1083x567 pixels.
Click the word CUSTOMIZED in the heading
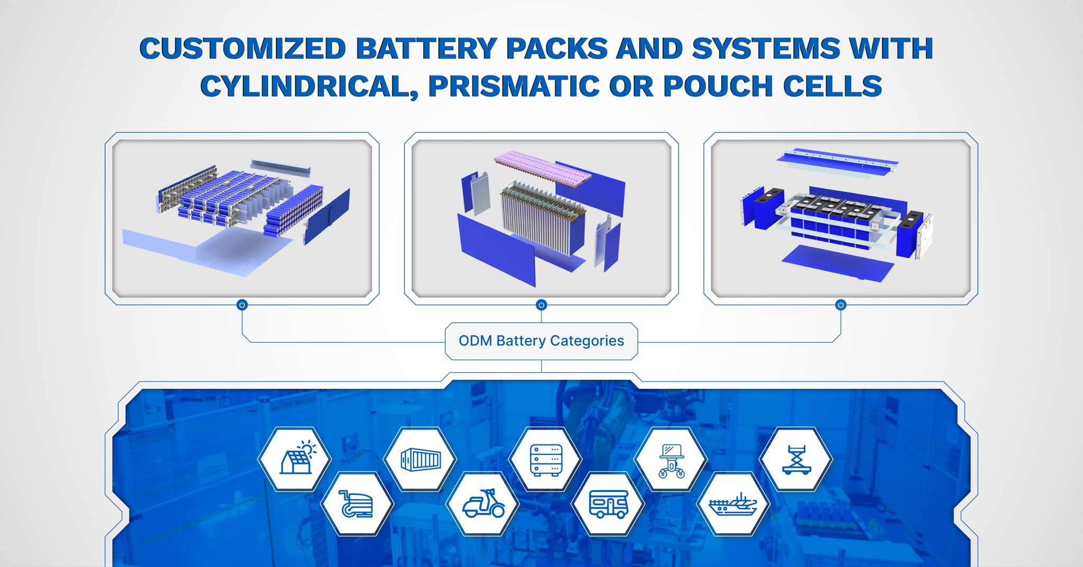(243, 49)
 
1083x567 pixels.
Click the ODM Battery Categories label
(541, 341)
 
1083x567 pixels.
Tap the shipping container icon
(420, 459)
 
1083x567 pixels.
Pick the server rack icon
(545, 459)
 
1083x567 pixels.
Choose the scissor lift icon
(796, 459)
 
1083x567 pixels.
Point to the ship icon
(733, 504)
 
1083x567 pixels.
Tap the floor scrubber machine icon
(357, 504)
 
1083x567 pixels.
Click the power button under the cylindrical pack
(242, 305)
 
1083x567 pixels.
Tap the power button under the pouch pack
(541, 305)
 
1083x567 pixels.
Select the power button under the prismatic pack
(841, 305)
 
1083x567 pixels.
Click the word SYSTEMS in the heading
(766, 49)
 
